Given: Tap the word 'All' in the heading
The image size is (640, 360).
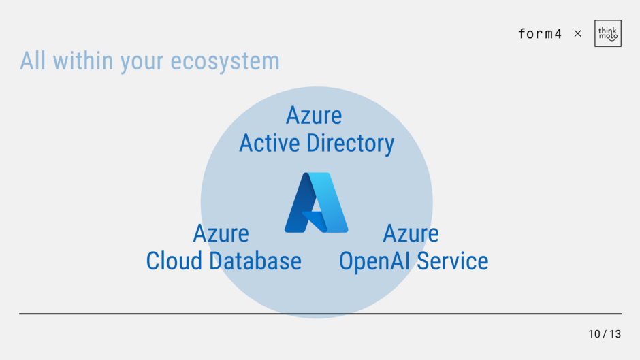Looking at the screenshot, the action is pos(33,61).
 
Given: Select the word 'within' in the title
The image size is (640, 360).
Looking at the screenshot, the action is pos(83,61).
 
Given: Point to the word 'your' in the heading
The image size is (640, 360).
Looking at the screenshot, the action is pos(142,63).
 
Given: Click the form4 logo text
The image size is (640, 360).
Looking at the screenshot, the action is pos(540,33).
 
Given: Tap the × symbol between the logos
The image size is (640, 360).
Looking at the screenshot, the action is pos(578,33).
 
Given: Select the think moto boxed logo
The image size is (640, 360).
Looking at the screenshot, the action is pos(608,33).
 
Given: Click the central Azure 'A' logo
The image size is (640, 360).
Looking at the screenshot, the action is pos(317,202).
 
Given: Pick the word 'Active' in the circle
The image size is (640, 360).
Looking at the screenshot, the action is pos(270,144).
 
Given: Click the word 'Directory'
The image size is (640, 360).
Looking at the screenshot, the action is pos(350,144).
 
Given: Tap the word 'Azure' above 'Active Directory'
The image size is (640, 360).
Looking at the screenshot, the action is pos(314,116).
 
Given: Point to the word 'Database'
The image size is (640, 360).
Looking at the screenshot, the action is pos(255,261).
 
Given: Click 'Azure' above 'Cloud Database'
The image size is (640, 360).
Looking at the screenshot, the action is pos(221,233).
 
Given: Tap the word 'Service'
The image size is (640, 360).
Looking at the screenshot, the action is pos(453,261).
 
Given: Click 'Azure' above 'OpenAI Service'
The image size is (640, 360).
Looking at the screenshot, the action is pos(411,233).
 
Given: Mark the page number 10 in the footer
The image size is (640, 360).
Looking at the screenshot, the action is pos(594,334).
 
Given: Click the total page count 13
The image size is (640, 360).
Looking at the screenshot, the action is pos(615,334).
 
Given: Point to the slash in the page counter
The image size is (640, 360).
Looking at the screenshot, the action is pos(605,334).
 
